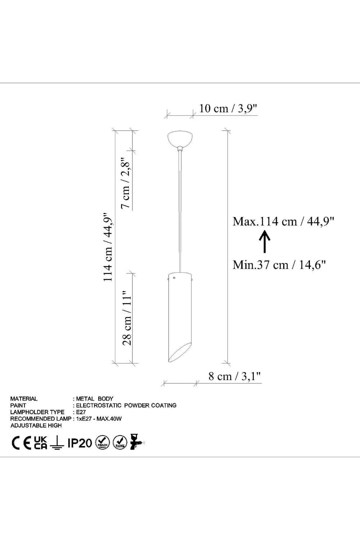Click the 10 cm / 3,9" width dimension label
(228, 109)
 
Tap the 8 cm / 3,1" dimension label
(235, 376)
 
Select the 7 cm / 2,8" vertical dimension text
(127, 183)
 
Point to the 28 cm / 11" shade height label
(127, 318)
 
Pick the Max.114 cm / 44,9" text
(283, 221)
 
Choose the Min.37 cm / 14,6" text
(279, 265)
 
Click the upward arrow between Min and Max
(265, 242)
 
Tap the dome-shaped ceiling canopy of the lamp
(180, 139)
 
